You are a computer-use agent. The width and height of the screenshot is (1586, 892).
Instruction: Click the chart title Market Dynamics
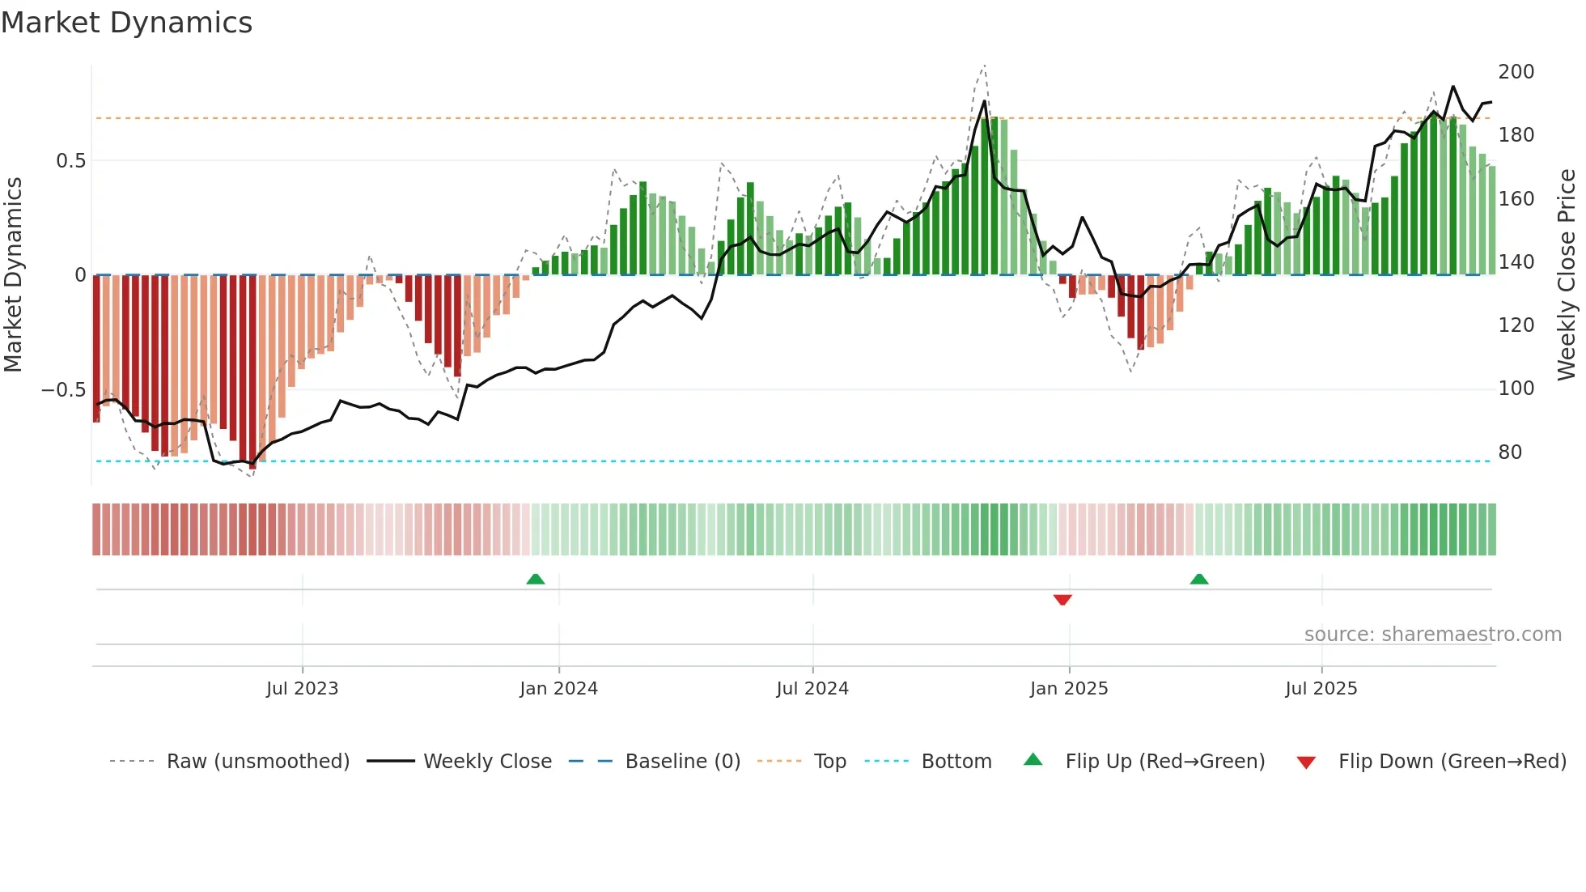click(x=126, y=23)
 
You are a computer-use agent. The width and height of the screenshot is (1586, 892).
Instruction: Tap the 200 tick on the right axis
click(x=1516, y=72)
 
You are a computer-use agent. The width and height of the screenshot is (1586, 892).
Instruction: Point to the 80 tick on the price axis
click(x=1510, y=452)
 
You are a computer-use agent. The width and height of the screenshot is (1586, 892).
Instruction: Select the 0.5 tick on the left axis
click(x=70, y=161)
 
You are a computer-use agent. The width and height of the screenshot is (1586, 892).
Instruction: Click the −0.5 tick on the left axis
click(x=63, y=390)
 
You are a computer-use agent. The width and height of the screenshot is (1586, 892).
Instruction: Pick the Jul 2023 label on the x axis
click(x=302, y=689)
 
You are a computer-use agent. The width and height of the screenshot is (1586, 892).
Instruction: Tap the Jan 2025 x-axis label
click(x=1068, y=689)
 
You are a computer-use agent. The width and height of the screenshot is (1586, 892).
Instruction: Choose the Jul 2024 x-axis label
click(x=812, y=689)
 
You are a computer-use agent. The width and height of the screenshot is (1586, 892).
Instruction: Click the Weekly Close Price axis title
click(x=1567, y=274)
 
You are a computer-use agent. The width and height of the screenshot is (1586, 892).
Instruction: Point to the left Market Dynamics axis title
click(x=13, y=274)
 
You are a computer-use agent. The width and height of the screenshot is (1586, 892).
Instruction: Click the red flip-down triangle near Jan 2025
click(x=1062, y=600)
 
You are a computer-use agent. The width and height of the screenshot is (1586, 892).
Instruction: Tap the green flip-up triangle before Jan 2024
click(x=535, y=579)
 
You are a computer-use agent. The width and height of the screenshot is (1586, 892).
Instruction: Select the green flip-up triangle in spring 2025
click(x=1199, y=579)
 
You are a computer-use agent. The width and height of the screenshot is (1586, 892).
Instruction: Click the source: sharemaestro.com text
click(x=1432, y=635)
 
